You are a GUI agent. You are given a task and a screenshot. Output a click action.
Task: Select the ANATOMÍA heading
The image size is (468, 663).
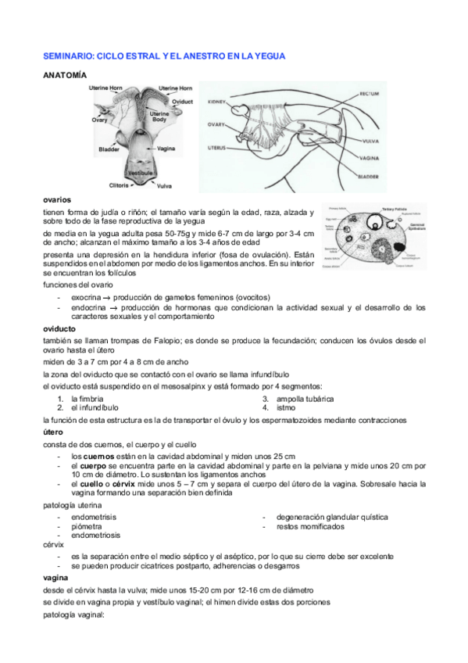(64, 75)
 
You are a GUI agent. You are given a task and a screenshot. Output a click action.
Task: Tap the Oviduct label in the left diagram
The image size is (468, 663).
(183, 102)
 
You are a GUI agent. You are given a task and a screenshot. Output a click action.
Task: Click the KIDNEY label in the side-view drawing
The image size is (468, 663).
(216, 102)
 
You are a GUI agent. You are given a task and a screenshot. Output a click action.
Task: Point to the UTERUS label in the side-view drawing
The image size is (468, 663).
(216, 146)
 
